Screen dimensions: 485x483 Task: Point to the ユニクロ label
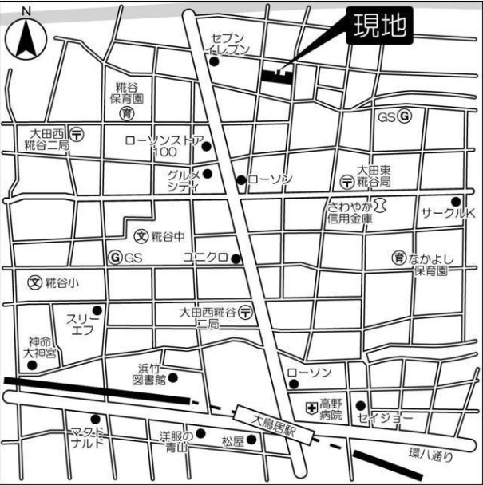204,257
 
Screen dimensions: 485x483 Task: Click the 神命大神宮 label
40,346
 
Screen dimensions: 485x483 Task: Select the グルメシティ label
183,180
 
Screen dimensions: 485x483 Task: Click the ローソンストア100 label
164,145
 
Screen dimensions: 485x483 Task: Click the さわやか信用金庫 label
350,211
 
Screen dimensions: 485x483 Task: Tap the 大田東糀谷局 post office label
373,175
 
